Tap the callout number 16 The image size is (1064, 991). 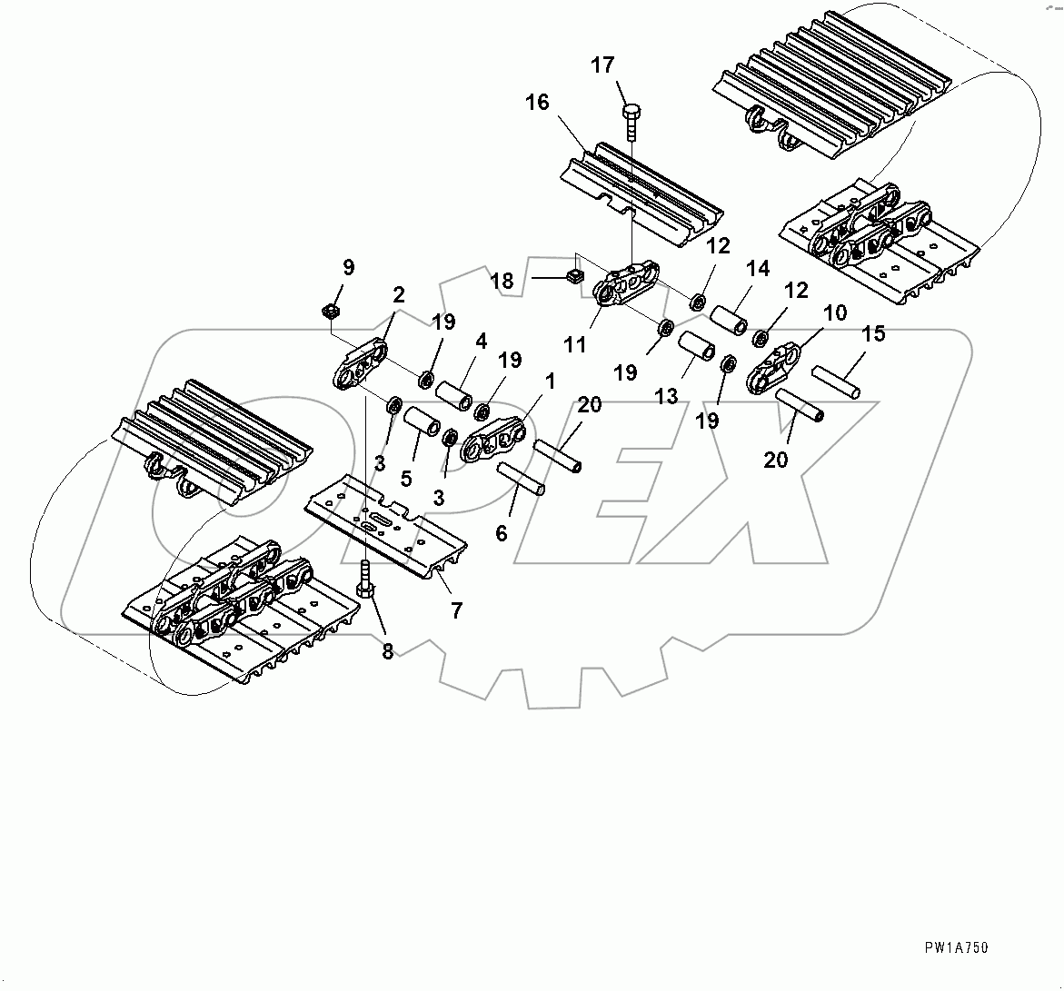[537, 103]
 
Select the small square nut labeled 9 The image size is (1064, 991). [331, 312]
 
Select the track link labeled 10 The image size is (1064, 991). [774, 367]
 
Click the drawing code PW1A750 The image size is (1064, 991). [956, 947]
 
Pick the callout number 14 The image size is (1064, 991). [758, 268]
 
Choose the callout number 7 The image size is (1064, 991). [456, 610]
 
